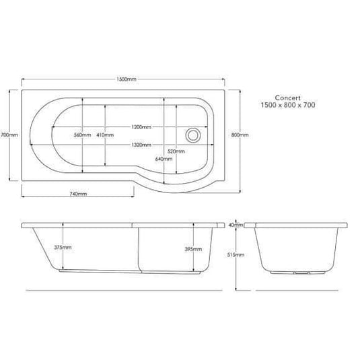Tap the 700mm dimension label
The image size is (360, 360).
point(9,135)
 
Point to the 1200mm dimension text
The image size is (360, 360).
point(141,126)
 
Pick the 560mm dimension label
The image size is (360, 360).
point(82,135)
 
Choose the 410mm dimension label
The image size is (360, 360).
point(105,135)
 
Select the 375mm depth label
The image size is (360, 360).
point(63,248)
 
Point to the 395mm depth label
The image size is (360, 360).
point(192,249)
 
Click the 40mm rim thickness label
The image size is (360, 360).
point(233,224)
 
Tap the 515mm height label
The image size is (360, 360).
point(233,256)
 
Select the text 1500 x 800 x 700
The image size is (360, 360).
point(289,106)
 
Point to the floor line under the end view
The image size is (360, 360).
point(296,290)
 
